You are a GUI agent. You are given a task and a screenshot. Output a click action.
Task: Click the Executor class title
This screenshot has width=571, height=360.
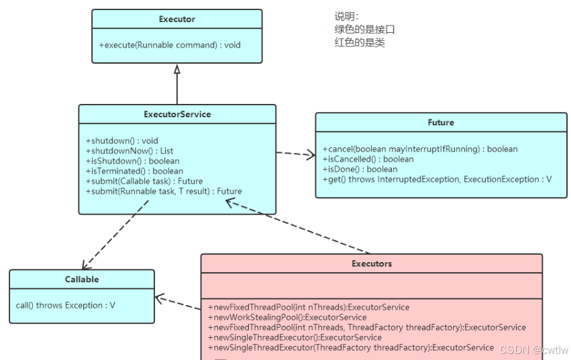pyautogui.click(x=177, y=19)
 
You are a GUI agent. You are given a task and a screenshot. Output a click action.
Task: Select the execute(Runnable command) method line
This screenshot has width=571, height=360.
pyautogui.click(x=170, y=45)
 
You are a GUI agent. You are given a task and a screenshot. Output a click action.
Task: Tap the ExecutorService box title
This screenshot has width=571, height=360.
pyautogui.click(x=177, y=114)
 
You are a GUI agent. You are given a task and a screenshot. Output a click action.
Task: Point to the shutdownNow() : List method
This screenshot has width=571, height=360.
pyautogui.click(x=129, y=151)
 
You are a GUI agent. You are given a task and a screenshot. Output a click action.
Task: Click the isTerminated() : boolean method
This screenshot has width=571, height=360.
pyautogui.click(x=135, y=171)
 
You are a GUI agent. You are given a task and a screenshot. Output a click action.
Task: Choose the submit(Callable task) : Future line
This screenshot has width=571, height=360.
pyautogui.click(x=144, y=181)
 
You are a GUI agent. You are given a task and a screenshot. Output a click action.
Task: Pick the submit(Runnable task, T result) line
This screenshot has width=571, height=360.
pyautogui.click(x=164, y=192)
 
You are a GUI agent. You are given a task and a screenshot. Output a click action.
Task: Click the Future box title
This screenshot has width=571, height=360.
pyautogui.click(x=441, y=122)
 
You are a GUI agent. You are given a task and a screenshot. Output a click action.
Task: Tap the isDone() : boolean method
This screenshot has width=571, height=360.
pyautogui.click(x=360, y=169)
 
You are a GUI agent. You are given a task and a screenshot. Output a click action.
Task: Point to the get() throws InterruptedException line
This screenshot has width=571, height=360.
pyautogui.click(x=437, y=180)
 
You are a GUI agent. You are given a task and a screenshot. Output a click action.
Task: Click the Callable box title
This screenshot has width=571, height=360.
pyautogui.click(x=82, y=279)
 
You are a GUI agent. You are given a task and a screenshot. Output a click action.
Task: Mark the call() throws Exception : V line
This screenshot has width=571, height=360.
pyautogui.click(x=66, y=306)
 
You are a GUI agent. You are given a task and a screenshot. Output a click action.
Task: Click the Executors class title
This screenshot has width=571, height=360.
pyautogui.click(x=372, y=263)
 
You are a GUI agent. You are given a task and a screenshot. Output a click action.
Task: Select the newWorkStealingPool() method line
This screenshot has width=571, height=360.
pyautogui.click(x=287, y=317)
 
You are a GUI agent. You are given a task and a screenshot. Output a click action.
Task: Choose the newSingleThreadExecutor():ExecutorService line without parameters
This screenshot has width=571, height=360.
pyautogui.click(x=295, y=337)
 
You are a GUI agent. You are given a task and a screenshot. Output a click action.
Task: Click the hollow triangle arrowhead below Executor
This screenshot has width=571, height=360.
pyautogui.click(x=177, y=69)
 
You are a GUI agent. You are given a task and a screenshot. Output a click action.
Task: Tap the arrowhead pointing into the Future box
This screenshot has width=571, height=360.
pyautogui.click(x=311, y=155)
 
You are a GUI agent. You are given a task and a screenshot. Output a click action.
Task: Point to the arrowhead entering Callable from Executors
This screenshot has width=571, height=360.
pyautogui.click(x=160, y=298)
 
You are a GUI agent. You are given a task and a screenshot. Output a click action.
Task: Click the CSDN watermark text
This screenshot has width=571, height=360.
pyautogui.click(x=533, y=350)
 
